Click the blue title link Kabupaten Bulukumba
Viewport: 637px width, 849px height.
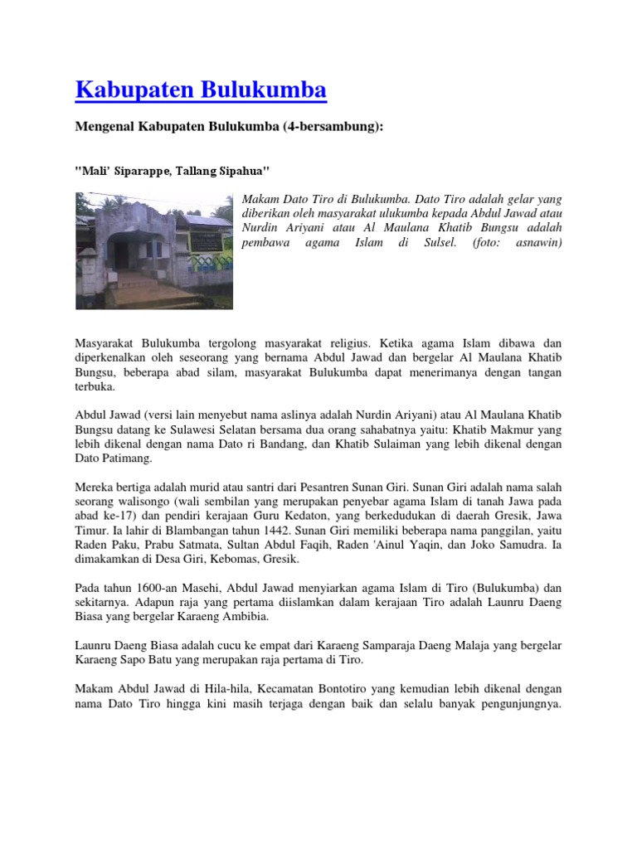(x=201, y=90)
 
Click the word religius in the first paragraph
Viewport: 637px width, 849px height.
(x=344, y=342)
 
